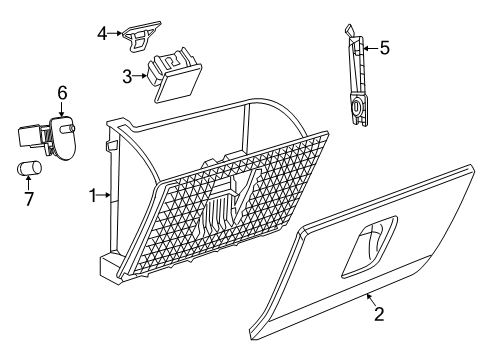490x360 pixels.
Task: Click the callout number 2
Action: (x=378, y=342)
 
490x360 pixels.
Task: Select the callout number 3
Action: (x=127, y=76)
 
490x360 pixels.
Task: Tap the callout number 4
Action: (x=101, y=33)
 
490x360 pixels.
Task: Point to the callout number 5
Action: (x=384, y=46)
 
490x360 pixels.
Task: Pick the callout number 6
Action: (x=62, y=93)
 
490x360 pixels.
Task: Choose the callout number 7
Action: (x=27, y=198)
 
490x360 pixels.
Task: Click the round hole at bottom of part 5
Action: (x=356, y=106)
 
